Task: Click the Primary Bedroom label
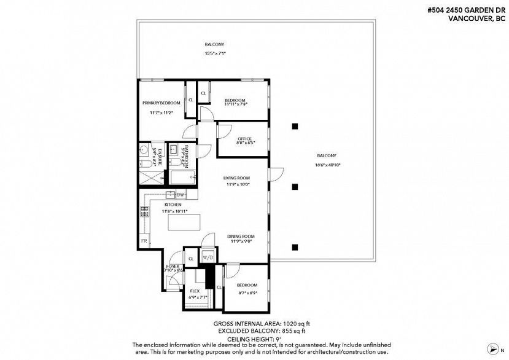point(161,103)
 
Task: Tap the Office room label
point(245,138)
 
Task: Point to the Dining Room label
point(241,236)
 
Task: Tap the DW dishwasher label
point(181,195)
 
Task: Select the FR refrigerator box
point(146,241)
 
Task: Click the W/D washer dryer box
point(207,258)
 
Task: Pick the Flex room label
point(195,291)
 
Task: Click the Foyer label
point(174,266)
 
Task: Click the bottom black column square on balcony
point(295,248)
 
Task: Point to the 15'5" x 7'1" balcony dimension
point(215,53)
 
